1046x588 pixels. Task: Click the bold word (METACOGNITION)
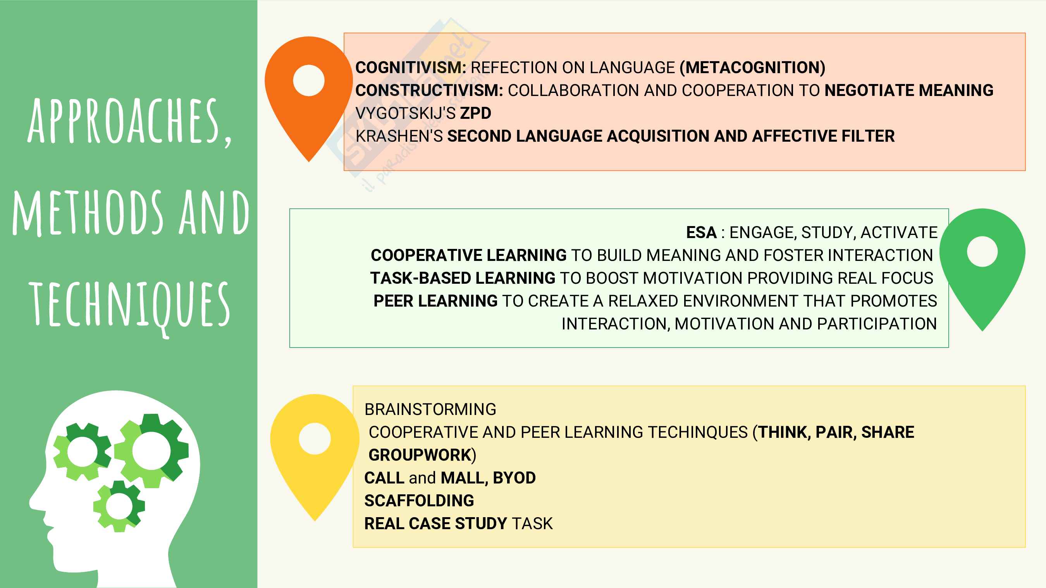[752, 68]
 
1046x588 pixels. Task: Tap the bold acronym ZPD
[475, 113]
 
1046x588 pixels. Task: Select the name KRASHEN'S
[399, 136]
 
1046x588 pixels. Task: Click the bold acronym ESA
[701, 233]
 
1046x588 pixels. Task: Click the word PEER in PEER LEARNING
[394, 301]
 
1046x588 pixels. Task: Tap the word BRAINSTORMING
[430, 410]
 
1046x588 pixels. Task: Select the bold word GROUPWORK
[420, 455]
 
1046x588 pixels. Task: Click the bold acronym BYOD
[514, 478]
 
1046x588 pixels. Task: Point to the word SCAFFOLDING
[419, 501]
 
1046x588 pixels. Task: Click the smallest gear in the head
[119, 506]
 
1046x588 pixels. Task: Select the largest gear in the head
[151, 451]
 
